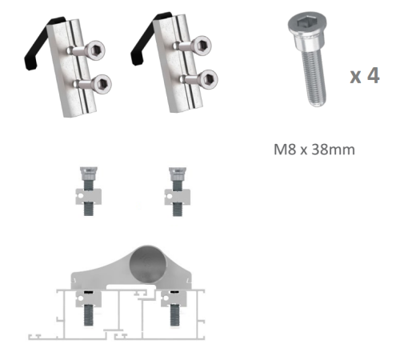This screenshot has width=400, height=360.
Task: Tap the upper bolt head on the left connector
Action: (x=95, y=50)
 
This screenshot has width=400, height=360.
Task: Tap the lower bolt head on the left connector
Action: (x=102, y=84)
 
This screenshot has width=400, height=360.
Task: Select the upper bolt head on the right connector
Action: (x=202, y=46)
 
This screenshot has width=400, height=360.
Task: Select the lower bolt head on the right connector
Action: (x=208, y=79)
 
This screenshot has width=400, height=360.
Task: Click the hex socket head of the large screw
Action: (x=307, y=25)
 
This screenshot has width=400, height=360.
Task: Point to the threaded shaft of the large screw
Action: (x=314, y=78)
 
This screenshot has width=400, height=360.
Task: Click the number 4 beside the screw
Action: (x=373, y=75)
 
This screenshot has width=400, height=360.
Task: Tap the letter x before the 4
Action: (x=356, y=77)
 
